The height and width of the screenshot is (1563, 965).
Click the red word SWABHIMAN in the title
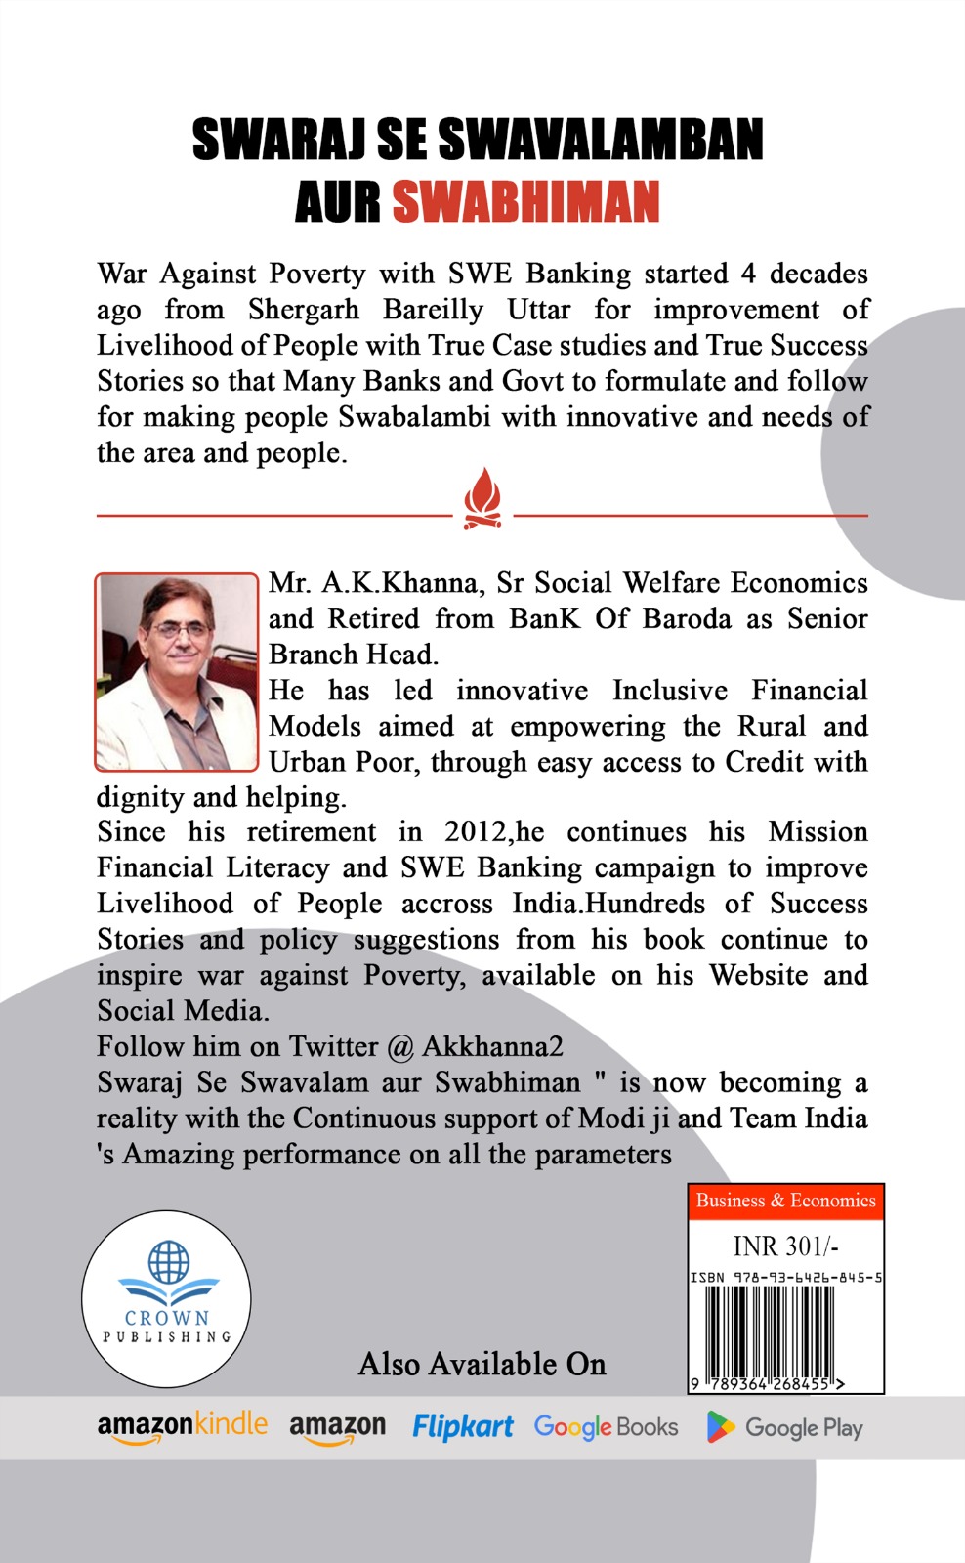(525, 202)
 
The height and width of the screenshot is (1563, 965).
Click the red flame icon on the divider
(482, 498)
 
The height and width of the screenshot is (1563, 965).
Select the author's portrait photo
(176, 671)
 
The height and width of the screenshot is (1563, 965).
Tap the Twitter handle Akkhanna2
(492, 1046)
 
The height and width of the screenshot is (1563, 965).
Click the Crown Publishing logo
(166, 1298)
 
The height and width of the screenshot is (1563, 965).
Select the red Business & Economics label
(785, 1201)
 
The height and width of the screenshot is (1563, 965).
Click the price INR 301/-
(785, 1246)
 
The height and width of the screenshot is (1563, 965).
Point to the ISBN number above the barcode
(786, 1277)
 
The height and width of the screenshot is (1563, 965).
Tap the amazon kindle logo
(182, 1426)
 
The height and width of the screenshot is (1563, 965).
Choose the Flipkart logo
(462, 1427)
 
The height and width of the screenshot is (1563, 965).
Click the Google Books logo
(606, 1427)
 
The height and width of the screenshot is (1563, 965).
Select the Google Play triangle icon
(720, 1427)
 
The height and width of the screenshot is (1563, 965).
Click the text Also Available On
(482, 1364)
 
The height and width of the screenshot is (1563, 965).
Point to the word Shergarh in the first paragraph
(303, 310)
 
